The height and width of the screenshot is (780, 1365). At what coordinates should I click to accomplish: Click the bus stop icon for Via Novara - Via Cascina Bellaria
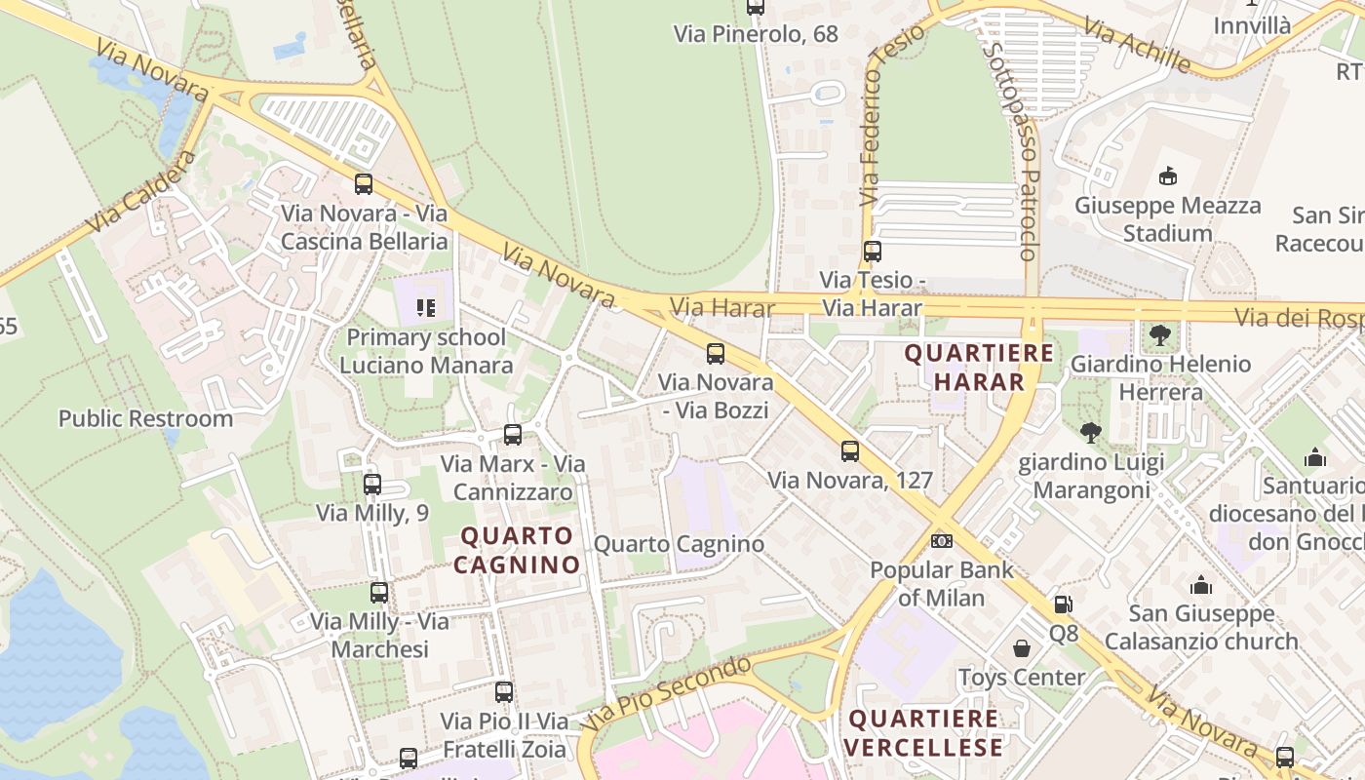[x=364, y=183]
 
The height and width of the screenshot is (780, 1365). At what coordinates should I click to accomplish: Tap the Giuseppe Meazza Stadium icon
[x=1167, y=175]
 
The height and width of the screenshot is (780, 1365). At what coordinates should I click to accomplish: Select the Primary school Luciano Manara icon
[x=425, y=308]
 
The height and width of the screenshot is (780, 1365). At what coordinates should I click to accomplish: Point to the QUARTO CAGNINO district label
[x=517, y=550]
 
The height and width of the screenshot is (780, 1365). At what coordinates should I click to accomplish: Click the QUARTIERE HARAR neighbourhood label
[x=979, y=368]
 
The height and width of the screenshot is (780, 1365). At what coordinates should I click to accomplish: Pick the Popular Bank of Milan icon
[x=942, y=540]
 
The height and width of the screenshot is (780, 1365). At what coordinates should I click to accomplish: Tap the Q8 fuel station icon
[x=1063, y=604]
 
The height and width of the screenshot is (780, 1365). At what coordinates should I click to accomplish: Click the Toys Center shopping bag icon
[x=1022, y=648]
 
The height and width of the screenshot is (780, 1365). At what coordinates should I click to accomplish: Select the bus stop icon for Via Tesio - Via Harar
[x=873, y=252]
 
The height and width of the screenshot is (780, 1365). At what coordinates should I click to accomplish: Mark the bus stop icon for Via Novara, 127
[x=850, y=451]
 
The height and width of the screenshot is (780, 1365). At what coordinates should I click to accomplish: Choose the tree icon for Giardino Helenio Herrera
[x=1159, y=335]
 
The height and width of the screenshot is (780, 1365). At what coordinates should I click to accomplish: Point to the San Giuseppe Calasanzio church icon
[x=1201, y=585]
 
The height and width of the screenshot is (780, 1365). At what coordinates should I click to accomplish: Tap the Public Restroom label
[x=145, y=419]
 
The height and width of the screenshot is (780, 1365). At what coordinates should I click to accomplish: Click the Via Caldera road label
[x=139, y=193]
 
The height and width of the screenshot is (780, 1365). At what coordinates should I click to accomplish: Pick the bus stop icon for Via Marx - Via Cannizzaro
[x=513, y=435]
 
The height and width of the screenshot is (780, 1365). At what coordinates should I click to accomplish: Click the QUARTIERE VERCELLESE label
[x=923, y=734]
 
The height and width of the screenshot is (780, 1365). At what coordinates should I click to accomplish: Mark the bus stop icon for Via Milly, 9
[x=371, y=485]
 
